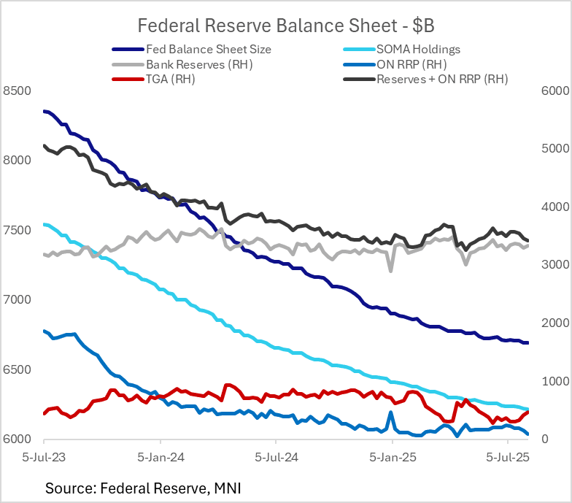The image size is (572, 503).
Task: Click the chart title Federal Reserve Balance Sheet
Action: pyautogui.click(x=286, y=26)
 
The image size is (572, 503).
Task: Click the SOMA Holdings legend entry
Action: pyautogui.click(x=418, y=50)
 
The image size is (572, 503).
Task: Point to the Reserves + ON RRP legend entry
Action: pyautogui.click(x=442, y=79)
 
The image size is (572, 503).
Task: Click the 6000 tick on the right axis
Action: pyautogui.click(x=552, y=91)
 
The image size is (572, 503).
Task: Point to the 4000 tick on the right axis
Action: pyautogui.click(x=552, y=207)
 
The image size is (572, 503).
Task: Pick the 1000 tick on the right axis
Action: pyautogui.click(x=552, y=382)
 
